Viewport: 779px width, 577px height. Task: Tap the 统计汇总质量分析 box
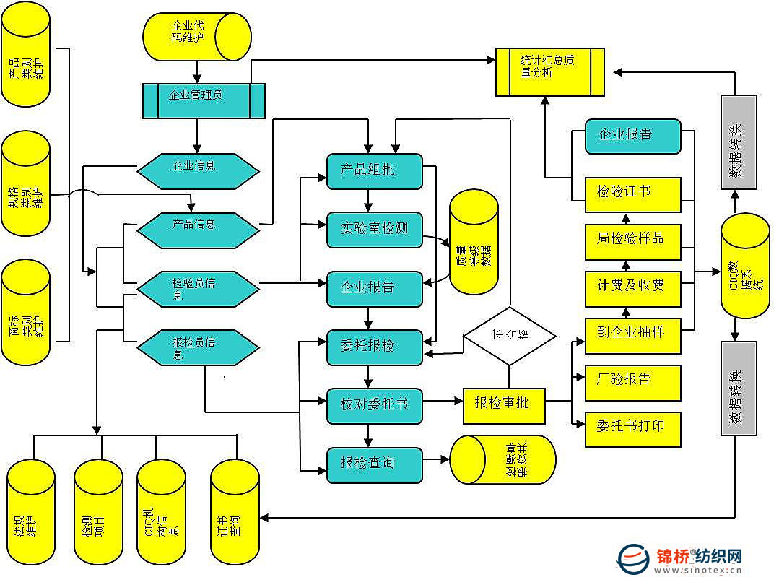(x=549, y=71)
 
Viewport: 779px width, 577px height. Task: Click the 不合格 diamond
(x=510, y=335)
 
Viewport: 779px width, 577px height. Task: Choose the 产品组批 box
(x=374, y=171)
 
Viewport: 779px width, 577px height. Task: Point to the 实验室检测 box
(x=374, y=229)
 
